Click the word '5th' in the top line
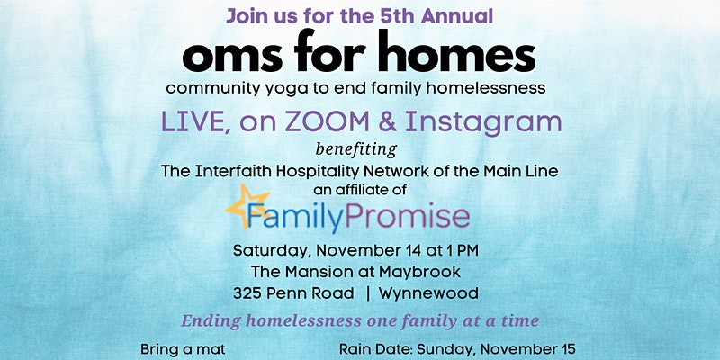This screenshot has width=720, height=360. [x=398, y=16]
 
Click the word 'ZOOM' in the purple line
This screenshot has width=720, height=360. [x=328, y=122]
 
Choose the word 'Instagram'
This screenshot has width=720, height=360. [x=483, y=124]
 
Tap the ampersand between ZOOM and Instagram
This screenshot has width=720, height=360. [x=387, y=122]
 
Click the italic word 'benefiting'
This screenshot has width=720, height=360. [x=356, y=149]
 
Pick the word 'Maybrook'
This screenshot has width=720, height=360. [x=419, y=273]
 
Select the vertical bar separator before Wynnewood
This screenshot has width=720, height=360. [x=367, y=293]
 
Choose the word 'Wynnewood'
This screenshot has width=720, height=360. [x=428, y=293]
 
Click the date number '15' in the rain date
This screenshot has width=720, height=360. [x=568, y=349]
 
